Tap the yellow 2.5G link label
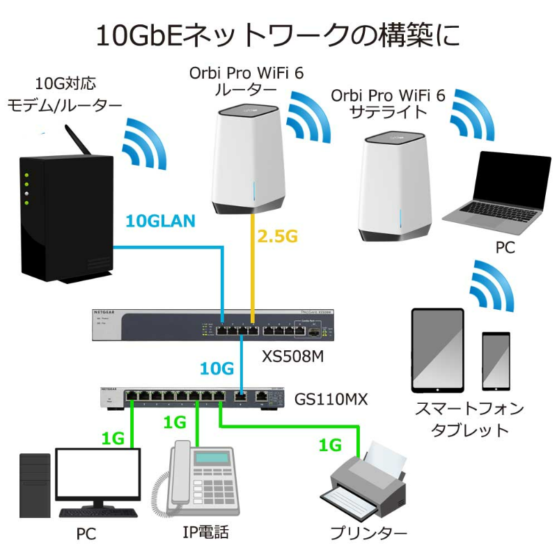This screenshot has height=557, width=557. pyautogui.click(x=277, y=237)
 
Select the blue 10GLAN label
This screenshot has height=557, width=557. pyautogui.click(x=160, y=221)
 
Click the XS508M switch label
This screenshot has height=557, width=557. pyautogui.click(x=294, y=357)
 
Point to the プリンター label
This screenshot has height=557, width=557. pyautogui.click(x=369, y=533)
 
